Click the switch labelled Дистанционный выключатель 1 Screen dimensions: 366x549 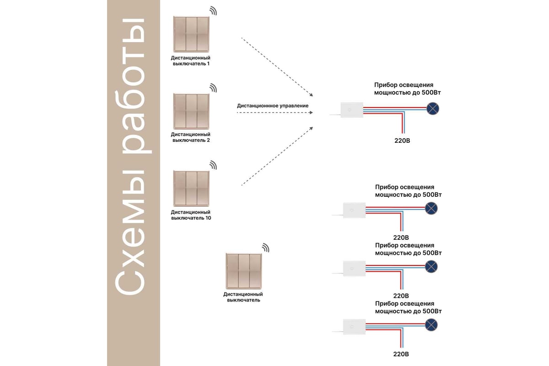[190, 34]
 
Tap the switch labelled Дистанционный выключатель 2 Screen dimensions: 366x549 [190, 111]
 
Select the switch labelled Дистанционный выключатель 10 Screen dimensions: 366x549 [190, 188]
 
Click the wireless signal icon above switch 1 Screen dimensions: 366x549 [213, 11]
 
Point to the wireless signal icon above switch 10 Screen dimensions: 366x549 [213, 165]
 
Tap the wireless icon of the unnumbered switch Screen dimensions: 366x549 [265, 248]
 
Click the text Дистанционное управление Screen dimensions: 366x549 [273, 106]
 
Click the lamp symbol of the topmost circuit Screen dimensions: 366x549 [433, 108]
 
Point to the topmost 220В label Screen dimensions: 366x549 [402, 140]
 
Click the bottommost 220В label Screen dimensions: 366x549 [401, 354]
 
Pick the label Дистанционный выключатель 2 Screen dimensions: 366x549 [191, 137]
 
